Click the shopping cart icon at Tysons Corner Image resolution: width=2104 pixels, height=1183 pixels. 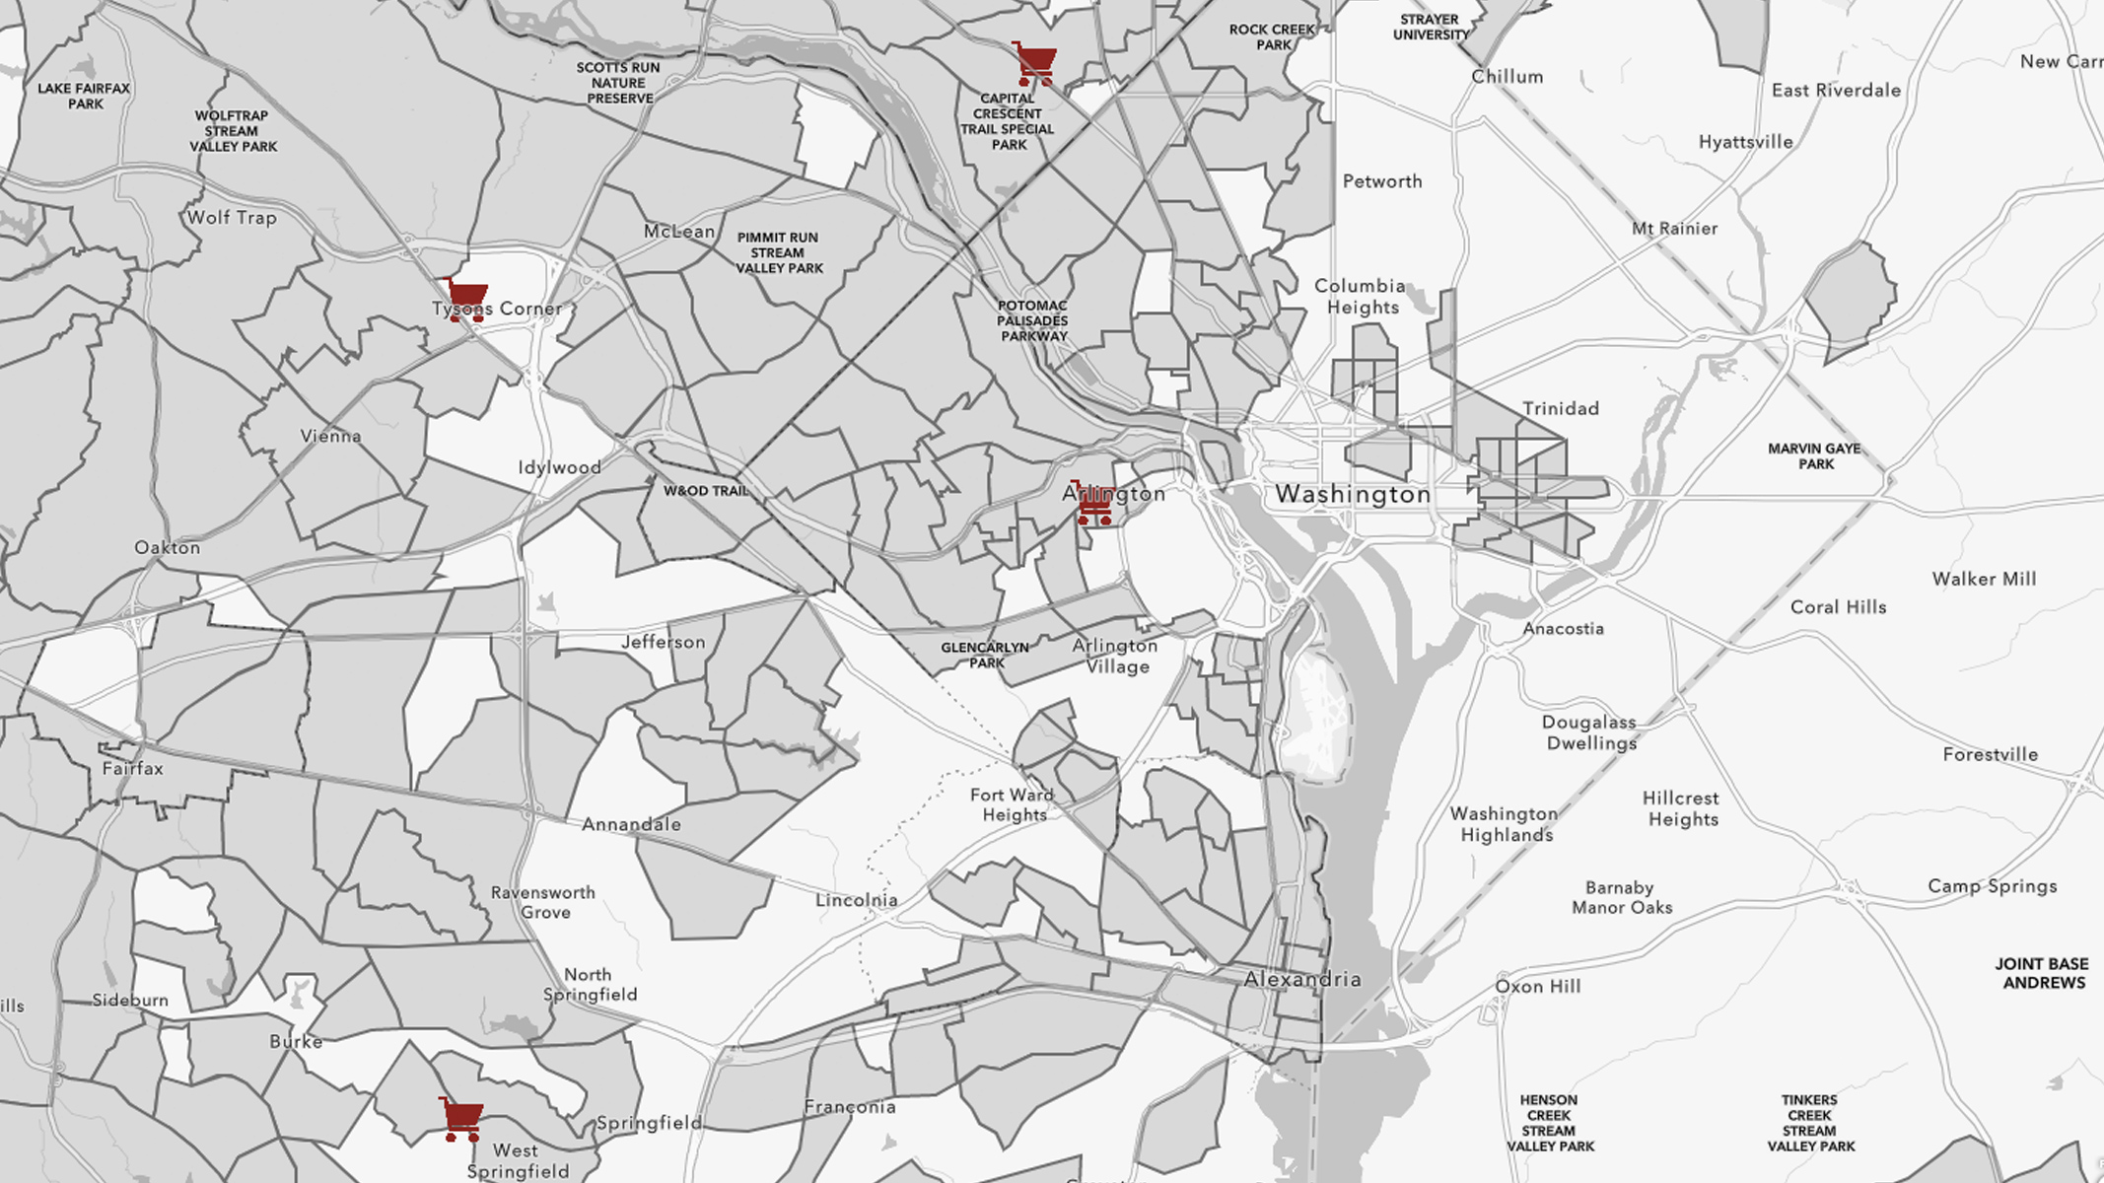click(x=466, y=299)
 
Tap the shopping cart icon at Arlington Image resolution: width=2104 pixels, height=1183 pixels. click(x=1093, y=504)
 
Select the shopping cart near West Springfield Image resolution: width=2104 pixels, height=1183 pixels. click(x=461, y=1119)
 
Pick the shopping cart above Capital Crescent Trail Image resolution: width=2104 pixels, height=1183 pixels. click(x=1035, y=64)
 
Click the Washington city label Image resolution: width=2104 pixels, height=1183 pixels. click(x=1353, y=495)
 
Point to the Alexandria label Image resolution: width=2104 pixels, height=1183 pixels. click(x=1302, y=979)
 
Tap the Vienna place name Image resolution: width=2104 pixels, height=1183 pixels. click(x=330, y=436)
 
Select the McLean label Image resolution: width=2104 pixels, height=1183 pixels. click(x=679, y=232)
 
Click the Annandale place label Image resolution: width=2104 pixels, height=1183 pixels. click(x=631, y=824)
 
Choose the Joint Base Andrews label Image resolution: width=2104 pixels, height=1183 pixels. click(x=2042, y=973)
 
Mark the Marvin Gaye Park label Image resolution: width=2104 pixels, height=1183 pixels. click(x=1814, y=455)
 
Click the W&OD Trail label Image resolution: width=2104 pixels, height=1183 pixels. click(x=706, y=490)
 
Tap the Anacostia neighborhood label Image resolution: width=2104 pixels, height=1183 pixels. click(x=1563, y=628)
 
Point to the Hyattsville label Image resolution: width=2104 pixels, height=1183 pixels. click(x=1745, y=142)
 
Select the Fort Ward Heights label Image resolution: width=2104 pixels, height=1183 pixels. click(x=1013, y=804)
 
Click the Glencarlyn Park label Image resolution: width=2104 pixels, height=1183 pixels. click(x=985, y=655)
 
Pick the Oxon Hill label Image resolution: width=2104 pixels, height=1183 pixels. click(x=1537, y=986)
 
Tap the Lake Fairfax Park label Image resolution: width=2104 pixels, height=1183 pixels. click(x=84, y=96)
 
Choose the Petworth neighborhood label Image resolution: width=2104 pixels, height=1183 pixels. click(x=1382, y=181)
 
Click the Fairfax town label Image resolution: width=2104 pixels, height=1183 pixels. click(x=132, y=768)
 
